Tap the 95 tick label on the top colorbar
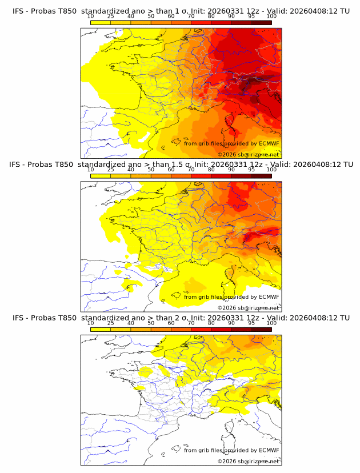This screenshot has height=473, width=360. tap(251, 17)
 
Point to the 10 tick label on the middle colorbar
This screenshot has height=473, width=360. tap(90, 170)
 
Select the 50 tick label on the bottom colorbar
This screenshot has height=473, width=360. tap(151, 323)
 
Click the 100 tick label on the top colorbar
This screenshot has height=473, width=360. tap(271, 17)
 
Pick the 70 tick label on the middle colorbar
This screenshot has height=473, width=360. tap(191, 170)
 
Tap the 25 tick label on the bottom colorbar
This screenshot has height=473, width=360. tap(110, 323)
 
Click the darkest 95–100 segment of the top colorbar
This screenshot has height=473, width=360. tap(261, 22)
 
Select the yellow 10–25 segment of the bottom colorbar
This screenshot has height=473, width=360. tap(100, 328)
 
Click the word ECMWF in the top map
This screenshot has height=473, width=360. tap(269, 144)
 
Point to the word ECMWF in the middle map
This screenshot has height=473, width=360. tap(269, 297)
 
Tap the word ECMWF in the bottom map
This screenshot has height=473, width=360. tap(269, 450)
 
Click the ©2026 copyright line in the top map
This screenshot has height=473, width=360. tap(248, 154)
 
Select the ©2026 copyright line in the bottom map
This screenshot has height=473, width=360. tap(248, 460)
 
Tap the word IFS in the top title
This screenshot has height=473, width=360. tap(19, 11)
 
